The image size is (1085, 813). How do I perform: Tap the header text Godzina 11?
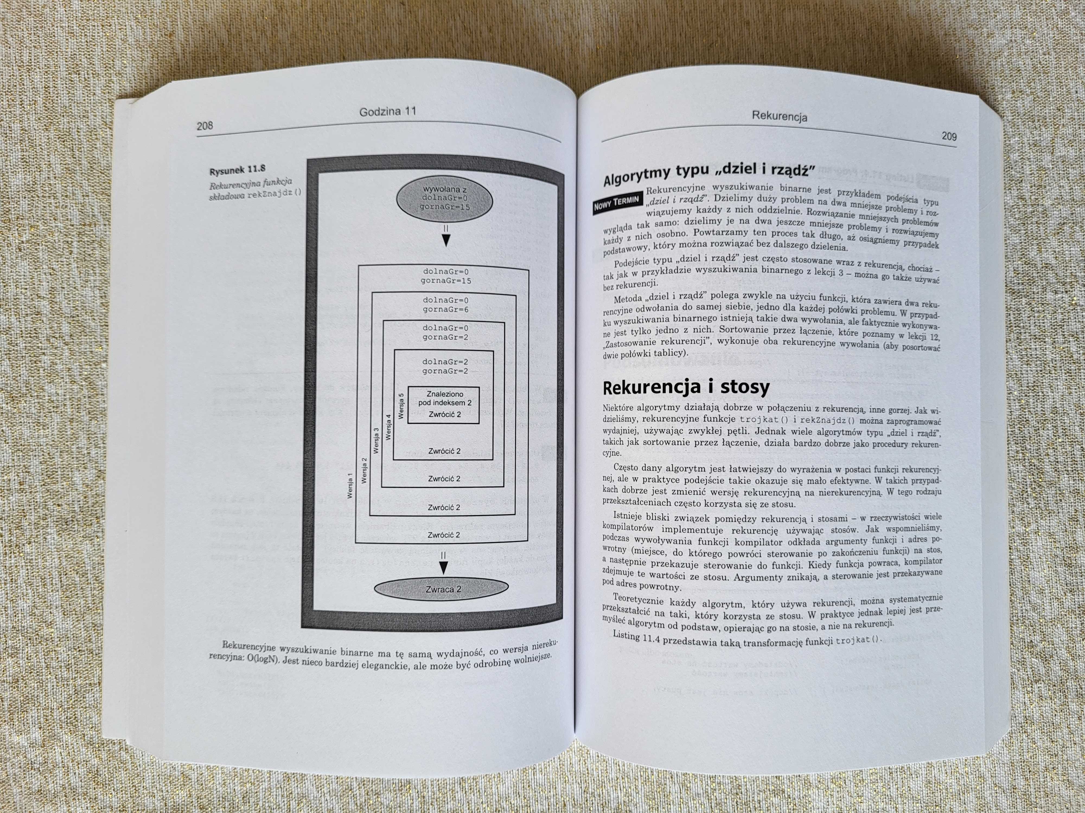[x=388, y=112]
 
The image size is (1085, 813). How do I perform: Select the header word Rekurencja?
[x=779, y=117]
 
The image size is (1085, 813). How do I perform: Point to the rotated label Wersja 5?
[x=401, y=406]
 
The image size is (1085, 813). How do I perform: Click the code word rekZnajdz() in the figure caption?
[x=275, y=193]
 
